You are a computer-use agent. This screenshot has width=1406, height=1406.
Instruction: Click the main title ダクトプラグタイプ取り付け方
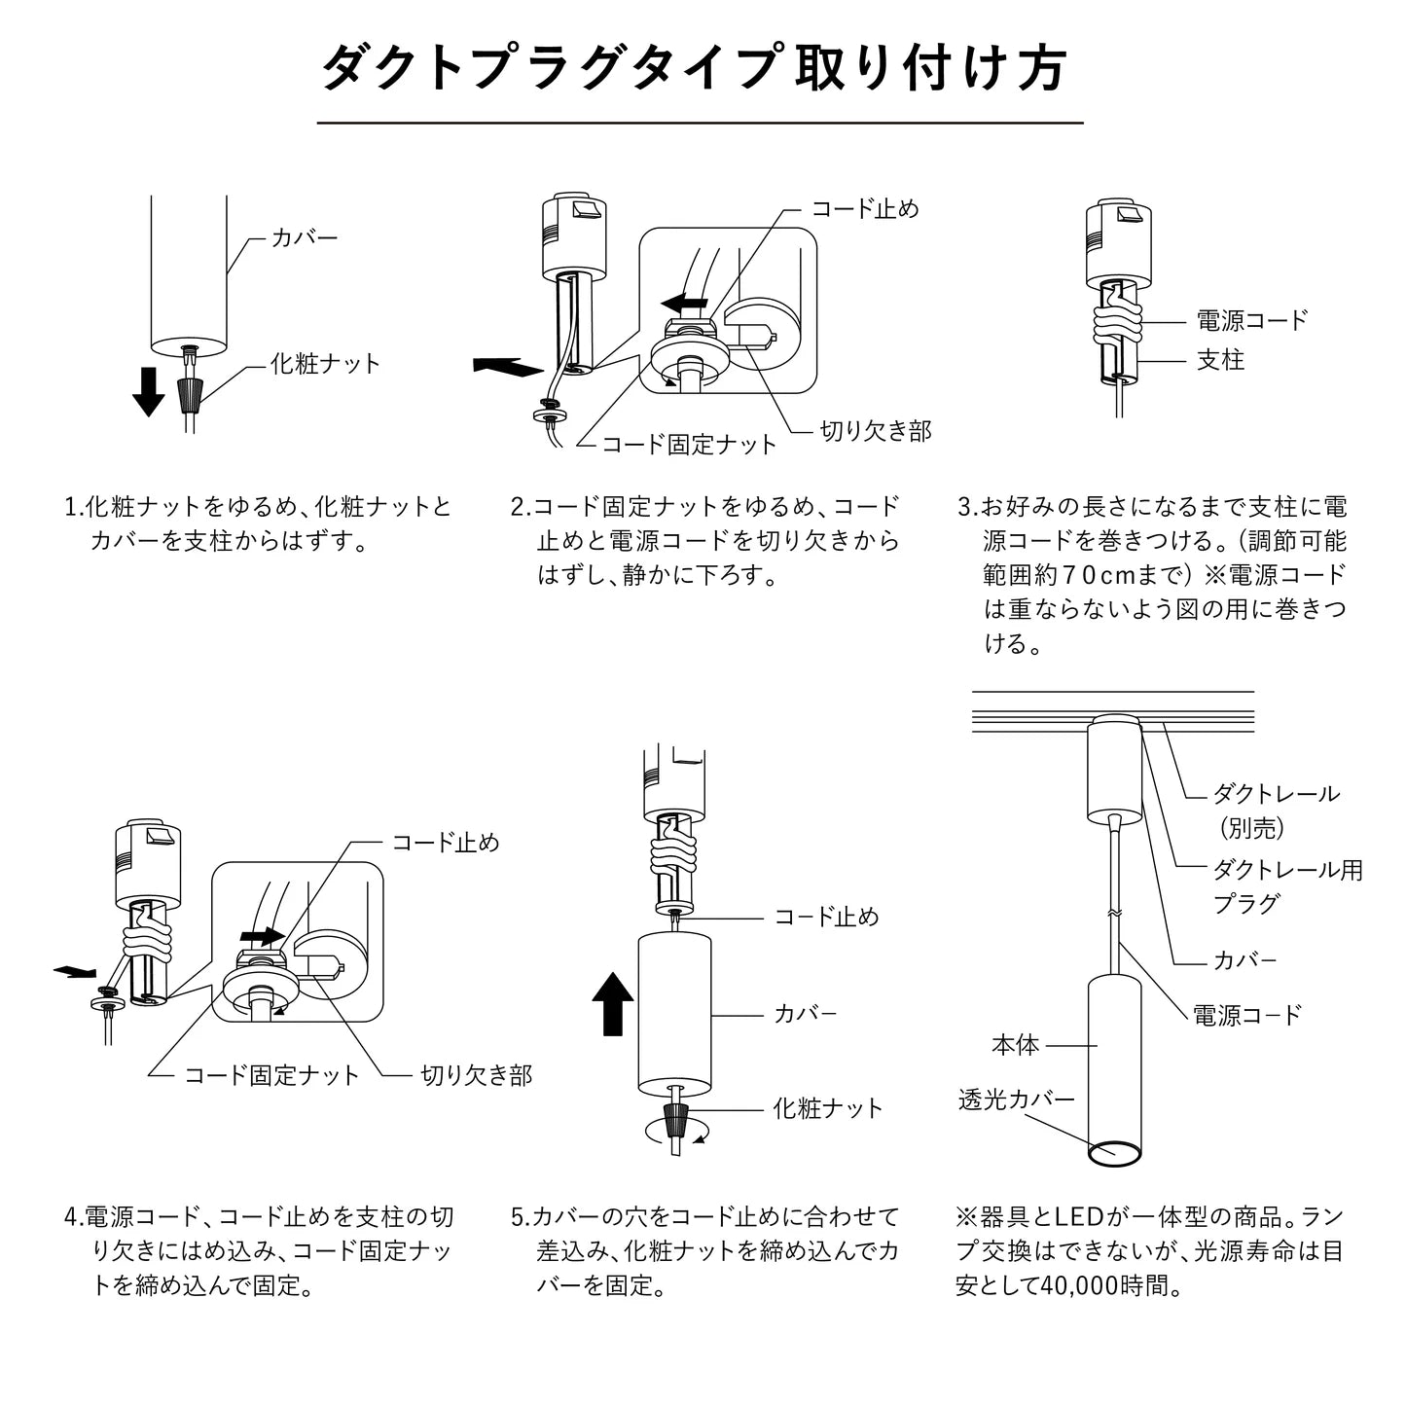click(695, 68)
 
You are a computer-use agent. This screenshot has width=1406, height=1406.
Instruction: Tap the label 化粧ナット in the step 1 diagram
click(326, 364)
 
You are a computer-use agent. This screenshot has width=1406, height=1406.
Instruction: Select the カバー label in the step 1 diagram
click(305, 236)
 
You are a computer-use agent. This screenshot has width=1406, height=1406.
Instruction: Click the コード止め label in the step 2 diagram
click(865, 208)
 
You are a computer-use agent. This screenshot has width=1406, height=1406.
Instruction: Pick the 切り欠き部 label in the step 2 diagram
click(876, 431)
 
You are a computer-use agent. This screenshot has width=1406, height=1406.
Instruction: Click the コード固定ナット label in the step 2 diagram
click(690, 445)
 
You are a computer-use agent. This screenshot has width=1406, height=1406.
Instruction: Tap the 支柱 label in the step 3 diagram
click(1220, 360)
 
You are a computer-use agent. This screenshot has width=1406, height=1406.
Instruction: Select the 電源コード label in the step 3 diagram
click(1251, 319)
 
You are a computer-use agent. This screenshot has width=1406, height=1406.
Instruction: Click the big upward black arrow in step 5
click(613, 1005)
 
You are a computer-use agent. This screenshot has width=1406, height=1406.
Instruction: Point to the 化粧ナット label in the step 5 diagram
click(828, 1108)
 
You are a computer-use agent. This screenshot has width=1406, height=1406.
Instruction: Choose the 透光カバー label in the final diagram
click(1017, 1100)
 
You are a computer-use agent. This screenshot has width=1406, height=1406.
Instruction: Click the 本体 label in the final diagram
click(1015, 1046)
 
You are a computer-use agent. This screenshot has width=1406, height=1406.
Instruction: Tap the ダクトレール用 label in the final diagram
click(1287, 870)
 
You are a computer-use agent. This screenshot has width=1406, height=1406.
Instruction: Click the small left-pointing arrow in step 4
click(76, 971)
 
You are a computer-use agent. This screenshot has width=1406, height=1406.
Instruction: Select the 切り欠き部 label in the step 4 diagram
click(476, 1075)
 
